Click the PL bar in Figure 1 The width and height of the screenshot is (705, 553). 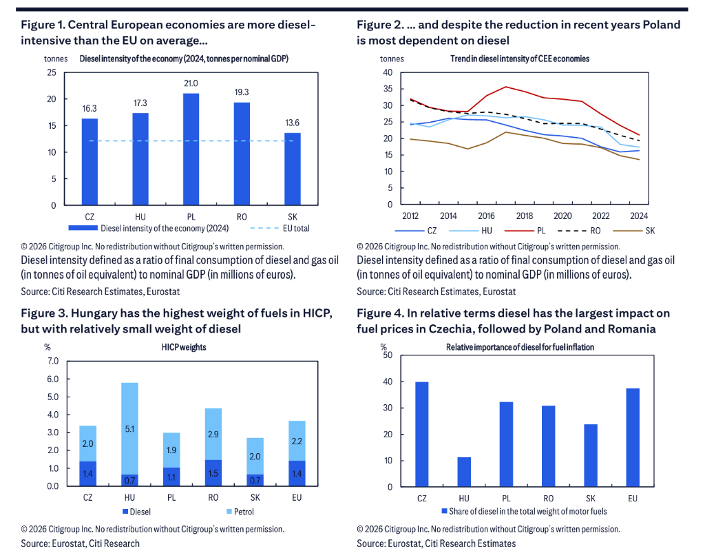(191, 149)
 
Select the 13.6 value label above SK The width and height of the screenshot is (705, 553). (292, 123)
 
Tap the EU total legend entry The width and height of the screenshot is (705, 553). (280, 229)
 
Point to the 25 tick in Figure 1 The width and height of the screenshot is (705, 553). (52, 72)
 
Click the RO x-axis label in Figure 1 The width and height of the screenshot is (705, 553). (242, 217)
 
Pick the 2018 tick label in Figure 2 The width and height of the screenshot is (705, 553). (524, 216)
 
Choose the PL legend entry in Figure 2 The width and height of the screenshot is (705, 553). (525, 231)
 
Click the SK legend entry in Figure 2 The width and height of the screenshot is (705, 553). (634, 231)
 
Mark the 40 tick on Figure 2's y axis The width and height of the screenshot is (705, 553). (388, 72)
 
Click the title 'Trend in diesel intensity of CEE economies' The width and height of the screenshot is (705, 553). (520, 59)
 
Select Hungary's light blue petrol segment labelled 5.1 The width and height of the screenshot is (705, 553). (129, 428)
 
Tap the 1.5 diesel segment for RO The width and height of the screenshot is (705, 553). (213, 473)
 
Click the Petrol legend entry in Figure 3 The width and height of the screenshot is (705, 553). (240, 512)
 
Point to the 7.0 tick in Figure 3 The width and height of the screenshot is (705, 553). (53, 361)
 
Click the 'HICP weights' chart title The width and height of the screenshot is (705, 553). (184, 347)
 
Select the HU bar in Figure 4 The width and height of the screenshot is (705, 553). (464, 472)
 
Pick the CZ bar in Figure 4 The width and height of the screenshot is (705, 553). (422, 435)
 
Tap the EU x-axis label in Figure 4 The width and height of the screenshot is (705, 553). (633, 498)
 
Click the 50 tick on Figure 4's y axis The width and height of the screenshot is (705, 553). (388, 355)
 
